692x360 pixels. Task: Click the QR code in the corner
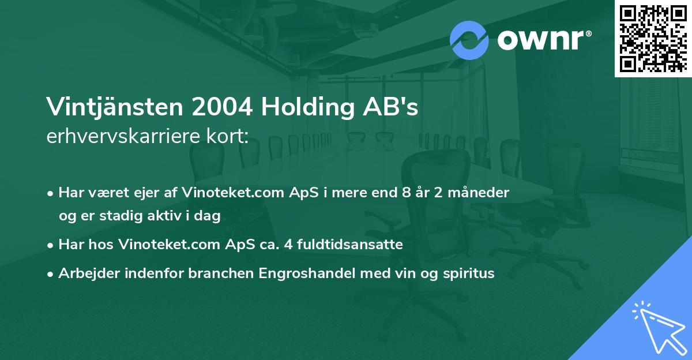coord(653,38)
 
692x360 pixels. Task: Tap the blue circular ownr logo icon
coord(469,40)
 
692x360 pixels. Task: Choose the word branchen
coord(220,273)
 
